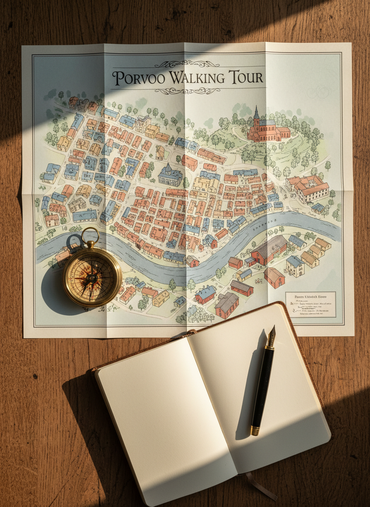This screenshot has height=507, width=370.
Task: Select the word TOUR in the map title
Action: [245, 78]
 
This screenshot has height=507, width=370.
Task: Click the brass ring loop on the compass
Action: [90, 235]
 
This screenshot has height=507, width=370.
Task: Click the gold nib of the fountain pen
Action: [271, 335]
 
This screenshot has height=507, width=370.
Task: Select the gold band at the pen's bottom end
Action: [255, 429]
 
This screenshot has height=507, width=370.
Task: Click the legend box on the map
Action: [310, 304]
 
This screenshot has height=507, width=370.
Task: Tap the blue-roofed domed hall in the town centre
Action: [170, 174]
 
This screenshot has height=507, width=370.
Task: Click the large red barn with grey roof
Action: [269, 250]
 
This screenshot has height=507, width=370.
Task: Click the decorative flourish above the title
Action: [187, 64]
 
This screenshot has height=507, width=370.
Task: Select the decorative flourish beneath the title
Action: [187, 91]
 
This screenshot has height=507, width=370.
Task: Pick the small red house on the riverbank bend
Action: [192, 261]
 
